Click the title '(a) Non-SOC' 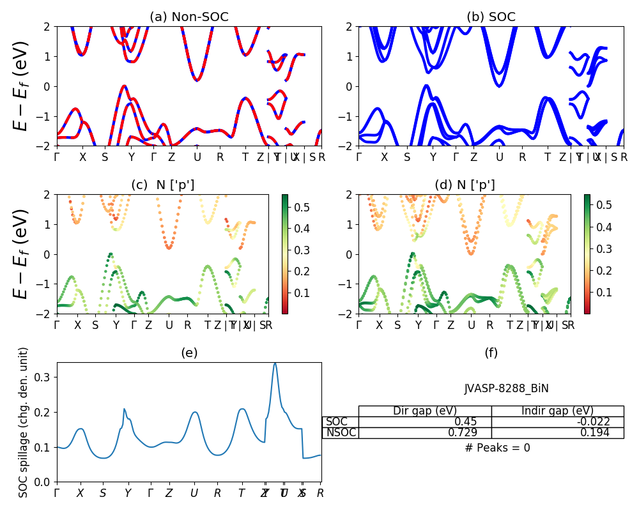click(x=189, y=17)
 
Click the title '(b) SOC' click(x=491, y=17)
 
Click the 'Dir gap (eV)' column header click(x=425, y=411)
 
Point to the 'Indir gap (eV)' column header click(x=557, y=411)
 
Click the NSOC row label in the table click(x=340, y=433)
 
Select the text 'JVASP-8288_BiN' click(x=506, y=388)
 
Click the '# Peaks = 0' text click(x=497, y=448)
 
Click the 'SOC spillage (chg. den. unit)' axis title click(x=24, y=422)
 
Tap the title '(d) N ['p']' click(x=465, y=185)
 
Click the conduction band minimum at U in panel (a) click(x=197, y=80)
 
